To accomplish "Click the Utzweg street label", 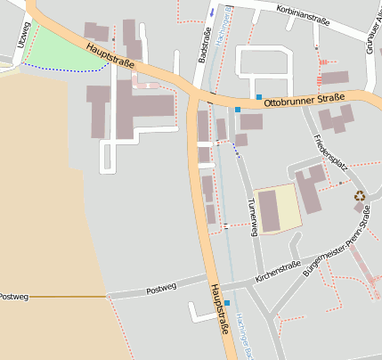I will point(22,37).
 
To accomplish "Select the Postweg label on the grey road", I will point(161,288).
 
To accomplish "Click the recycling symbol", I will point(359,196).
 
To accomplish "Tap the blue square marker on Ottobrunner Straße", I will point(258,96).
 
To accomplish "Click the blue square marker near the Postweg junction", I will point(227,304).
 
